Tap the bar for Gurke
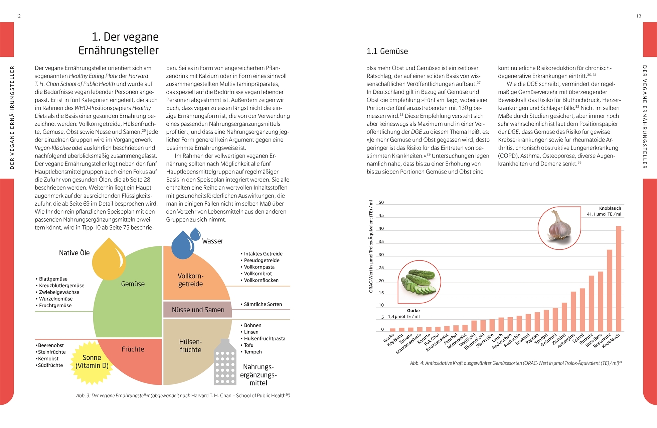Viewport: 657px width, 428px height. pyautogui.click(x=393, y=330)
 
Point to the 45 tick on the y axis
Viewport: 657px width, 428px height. pyautogui.click(x=381, y=216)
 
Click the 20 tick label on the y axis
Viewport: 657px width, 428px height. pyautogui.click(x=381, y=281)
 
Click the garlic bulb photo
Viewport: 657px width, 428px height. pyautogui.click(x=559, y=227)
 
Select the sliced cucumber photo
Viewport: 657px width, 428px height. pyautogui.click(x=419, y=282)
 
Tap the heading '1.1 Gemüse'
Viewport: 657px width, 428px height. pyautogui.click(x=387, y=51)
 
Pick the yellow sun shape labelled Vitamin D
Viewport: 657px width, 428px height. pyautogui.click(x=92, y=362)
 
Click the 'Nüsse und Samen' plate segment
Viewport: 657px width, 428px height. pyautogui.click(x=198, y=310)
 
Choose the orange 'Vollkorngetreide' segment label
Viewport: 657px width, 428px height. pyautogui.click(x=190, y=280)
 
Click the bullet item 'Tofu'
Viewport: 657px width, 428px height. pyautogui.click(x=249, y=345)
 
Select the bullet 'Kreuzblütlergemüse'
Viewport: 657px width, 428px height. pyautogui.click(x=61, y=286)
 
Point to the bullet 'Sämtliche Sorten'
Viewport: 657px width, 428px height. pyautogui.click(x=263, y=304)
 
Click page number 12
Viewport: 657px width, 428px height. pyautogui.click(x=18, y=16)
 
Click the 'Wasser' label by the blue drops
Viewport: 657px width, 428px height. pyautogui.click(x=212, y=241)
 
